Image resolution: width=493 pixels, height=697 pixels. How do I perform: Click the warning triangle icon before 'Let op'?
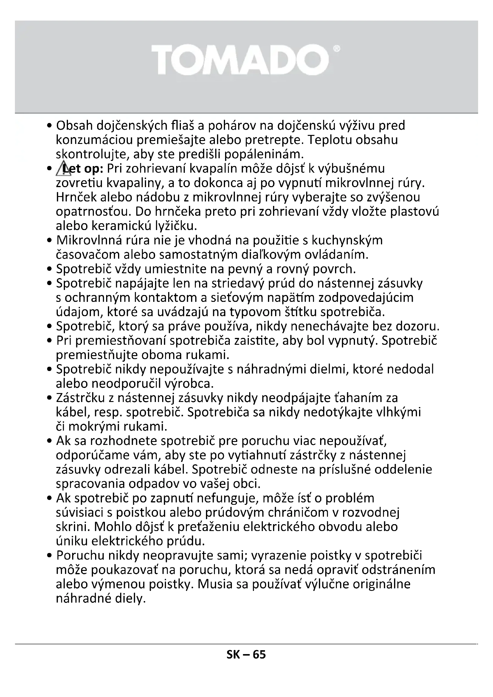(63, 169)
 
